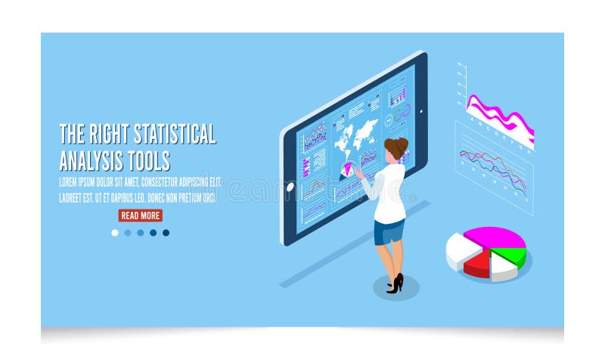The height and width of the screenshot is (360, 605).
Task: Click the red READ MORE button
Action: pos(141,216)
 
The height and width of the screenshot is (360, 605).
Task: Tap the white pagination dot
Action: pos(115,233)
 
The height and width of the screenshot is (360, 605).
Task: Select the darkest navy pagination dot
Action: pos(166,233)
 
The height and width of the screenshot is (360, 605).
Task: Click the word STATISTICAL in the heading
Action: pos(175,135)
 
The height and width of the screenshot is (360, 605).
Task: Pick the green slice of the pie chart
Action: pos(511,255)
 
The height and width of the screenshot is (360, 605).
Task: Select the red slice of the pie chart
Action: pos(477,265)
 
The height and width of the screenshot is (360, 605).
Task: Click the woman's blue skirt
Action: pos(389,231)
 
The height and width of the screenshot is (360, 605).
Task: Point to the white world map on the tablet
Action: pos(355,136)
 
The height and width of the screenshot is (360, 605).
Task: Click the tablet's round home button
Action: pos(290,187)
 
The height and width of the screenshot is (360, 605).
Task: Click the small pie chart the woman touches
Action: pos(347,170)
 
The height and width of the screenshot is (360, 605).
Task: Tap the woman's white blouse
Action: pos(389,193)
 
